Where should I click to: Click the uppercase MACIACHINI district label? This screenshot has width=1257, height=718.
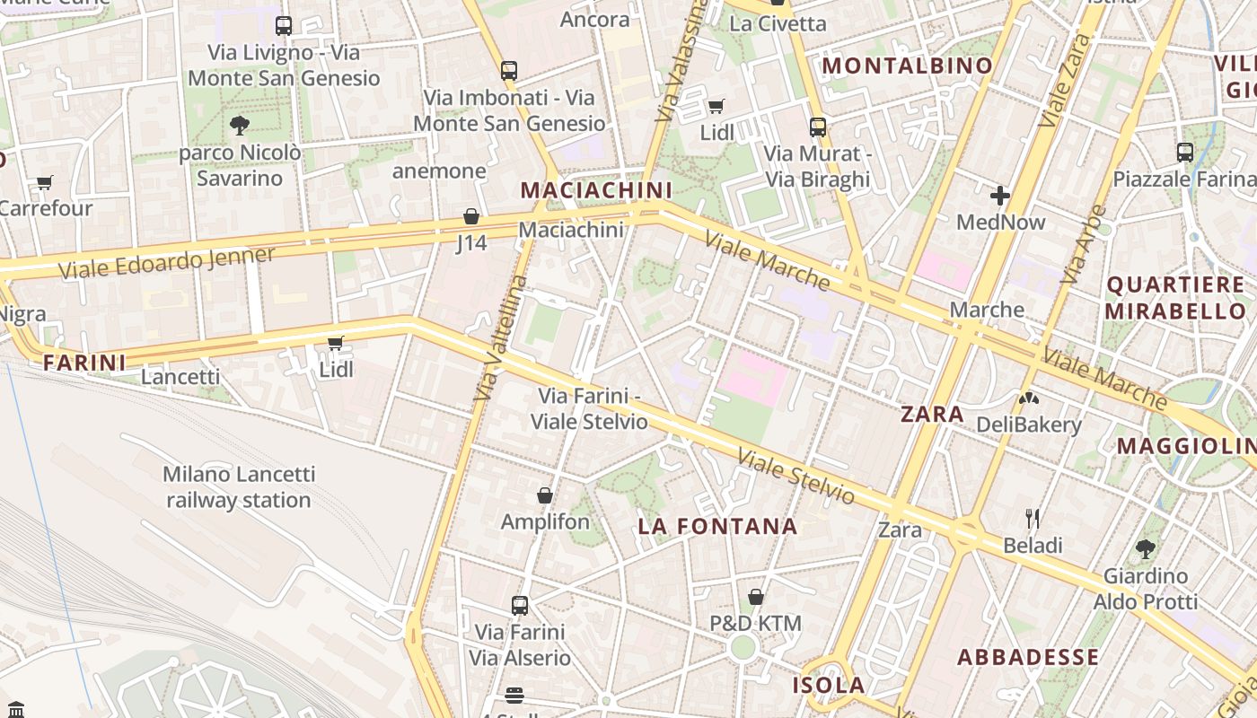coord(596,190)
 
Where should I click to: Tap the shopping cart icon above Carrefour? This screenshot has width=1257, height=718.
coord(44,183)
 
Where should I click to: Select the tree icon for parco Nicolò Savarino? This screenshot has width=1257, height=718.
coord(239,126)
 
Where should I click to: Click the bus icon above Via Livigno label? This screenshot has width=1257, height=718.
coord(284,26)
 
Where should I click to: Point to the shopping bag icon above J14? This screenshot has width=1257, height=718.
coord(471,216)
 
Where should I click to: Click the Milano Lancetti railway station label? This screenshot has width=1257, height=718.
coord(239,486)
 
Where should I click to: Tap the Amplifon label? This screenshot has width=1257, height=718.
coord(545,521)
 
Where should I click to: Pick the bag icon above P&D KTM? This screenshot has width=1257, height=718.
coord(756,597)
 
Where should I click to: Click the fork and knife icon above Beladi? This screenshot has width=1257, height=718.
coord(1033,518)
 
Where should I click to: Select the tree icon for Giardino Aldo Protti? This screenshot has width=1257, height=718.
coord(1145,548)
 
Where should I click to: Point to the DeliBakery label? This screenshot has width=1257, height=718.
coord(1028,425)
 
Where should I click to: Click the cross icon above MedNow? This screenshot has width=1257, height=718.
coord(1000,195)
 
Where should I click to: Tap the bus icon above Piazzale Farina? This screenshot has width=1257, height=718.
coord(1185,153)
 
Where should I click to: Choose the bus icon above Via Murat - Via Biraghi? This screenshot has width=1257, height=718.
coord(817,127)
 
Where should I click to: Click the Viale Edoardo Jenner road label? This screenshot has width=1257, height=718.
coord(167,262)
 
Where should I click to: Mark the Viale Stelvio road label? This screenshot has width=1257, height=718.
coord(796,477)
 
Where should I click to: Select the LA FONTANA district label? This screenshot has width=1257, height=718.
coord(717,527)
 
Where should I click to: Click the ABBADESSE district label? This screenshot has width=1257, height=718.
coord(1028,657)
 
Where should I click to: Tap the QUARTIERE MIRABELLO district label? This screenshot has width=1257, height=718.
coord(1175,298)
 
